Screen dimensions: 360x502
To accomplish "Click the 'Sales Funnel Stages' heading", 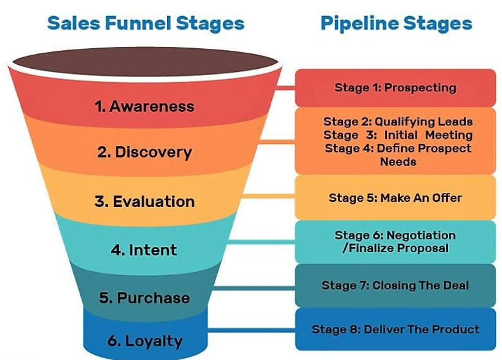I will (145, 24).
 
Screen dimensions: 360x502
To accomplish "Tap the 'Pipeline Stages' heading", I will (396, 24).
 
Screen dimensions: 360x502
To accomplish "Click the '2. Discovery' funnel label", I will (144, 152).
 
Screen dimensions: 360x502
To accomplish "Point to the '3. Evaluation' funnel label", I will (144, 201).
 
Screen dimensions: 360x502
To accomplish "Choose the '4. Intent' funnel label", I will (144, 249).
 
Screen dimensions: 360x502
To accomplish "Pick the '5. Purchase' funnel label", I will (144, 298).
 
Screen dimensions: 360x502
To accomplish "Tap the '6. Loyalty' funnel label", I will (144, 341).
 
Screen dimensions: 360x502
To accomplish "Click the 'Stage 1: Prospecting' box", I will (395, 88).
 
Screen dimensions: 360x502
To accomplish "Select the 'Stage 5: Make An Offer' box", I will (395, 197).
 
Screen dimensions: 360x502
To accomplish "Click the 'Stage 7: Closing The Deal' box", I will (395, 285).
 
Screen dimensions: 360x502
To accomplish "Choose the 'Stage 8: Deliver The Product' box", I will (395, 329).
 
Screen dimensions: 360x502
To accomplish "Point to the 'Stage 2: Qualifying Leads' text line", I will (398, 122).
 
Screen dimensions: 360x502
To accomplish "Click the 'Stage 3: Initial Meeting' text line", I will (398, 135).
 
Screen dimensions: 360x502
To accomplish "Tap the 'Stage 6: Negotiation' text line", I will (395, 235).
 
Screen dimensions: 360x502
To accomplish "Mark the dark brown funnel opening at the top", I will (145, 62).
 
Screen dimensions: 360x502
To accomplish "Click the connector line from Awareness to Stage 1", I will (286, 85).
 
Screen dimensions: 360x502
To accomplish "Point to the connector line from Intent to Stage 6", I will (260, 242).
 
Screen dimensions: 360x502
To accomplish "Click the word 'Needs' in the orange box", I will (398, 162).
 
